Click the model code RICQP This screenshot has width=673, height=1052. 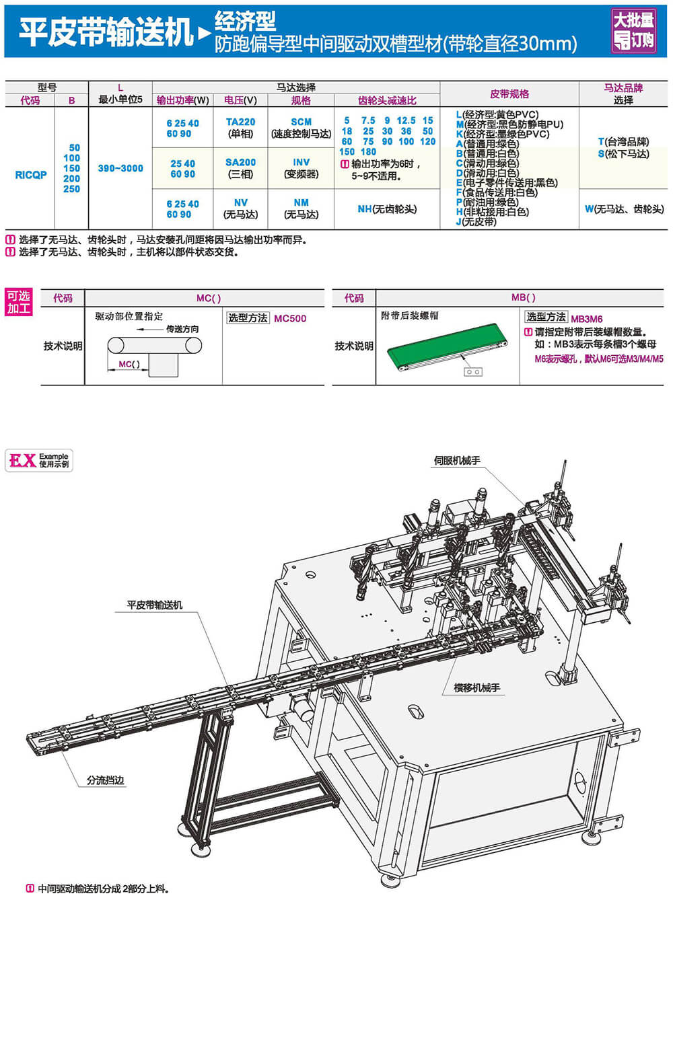[x=31, y=175]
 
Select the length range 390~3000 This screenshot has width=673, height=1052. [x=120, y=168]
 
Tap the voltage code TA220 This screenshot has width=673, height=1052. [x=240, y=122]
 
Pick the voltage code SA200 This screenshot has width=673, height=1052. [x=240, y=162]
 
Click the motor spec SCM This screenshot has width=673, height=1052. [x=301, y=122]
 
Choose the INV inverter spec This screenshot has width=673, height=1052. [x=301, y=162]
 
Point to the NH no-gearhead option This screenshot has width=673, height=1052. [x=387, y=209]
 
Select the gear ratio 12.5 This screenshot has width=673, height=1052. [x=406, y=120]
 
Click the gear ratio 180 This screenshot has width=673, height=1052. [x=369, y=151]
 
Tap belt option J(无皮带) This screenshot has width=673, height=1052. [x=476, y=221]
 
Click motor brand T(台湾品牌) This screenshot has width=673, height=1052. [x=623, y=142]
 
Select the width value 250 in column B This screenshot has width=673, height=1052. [x=71, y=189]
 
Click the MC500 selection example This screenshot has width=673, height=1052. [x=290, y=319]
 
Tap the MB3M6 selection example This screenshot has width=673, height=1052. [x=587, y=319]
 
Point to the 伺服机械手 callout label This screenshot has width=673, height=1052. [x=457, y=461]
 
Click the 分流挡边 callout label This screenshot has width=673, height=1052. [x=106, y=780]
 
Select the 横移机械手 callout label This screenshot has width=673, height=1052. [x=476, y=687]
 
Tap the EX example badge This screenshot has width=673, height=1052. [x=39, y=460]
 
